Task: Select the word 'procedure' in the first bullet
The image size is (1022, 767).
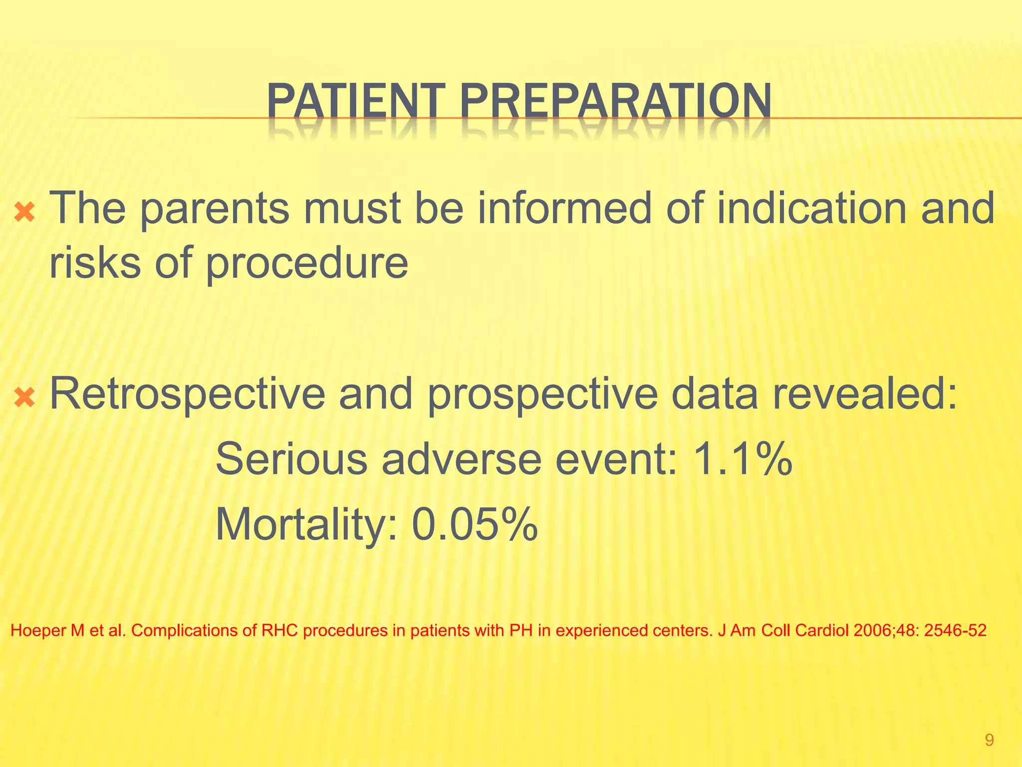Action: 307,265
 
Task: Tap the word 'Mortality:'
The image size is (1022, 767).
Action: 306,525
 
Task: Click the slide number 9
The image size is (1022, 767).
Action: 989,740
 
